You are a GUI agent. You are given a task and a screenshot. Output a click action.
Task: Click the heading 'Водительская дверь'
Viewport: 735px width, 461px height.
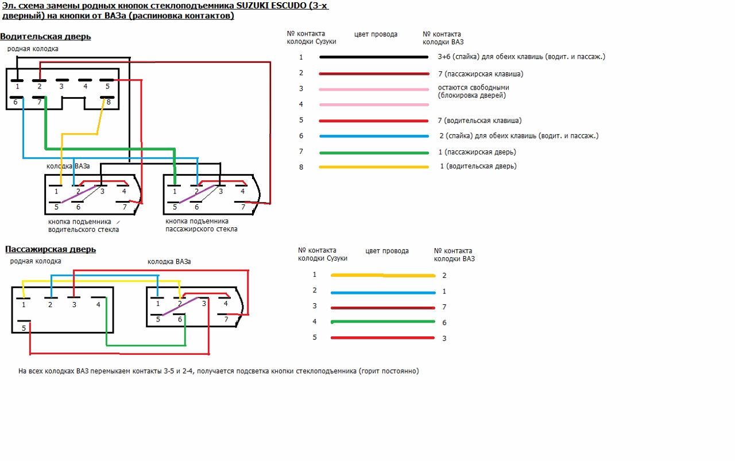pos(45,37)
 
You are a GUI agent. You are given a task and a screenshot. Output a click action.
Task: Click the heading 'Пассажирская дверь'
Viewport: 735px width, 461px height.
pos(51,249)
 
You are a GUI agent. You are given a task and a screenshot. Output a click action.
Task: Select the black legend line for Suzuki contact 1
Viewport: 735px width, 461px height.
pos(373,57)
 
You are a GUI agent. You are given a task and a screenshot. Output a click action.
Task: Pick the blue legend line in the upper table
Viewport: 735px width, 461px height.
pos(373,136)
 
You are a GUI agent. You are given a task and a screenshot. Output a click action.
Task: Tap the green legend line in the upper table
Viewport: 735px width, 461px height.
pos(373,153)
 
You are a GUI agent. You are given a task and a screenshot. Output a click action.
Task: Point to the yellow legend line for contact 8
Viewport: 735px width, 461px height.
pos(373,167)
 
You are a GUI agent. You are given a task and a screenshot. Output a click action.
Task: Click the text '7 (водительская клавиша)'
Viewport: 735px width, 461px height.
pos(479,121)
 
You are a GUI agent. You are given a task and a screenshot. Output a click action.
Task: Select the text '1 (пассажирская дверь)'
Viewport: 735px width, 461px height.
pos(477,152)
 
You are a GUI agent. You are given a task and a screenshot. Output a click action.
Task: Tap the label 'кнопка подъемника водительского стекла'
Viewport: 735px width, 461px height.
pos(84,226)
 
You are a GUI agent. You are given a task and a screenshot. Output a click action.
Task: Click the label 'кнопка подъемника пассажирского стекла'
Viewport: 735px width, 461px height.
pos(201,225)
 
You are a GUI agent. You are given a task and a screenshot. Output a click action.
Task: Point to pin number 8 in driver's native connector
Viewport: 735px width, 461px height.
pos(108,102)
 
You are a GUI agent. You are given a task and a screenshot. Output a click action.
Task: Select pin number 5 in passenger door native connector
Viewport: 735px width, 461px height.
pos(24,328)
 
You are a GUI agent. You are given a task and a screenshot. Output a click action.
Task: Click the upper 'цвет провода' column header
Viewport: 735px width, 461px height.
pos(376,34)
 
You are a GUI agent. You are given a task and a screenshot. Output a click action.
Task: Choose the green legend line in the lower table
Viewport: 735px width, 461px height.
pos(382,321)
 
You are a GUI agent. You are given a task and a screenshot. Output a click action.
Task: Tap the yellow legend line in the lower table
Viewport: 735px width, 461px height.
pos(382,275)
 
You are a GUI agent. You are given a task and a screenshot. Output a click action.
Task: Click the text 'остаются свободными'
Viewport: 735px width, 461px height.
pos(473,88)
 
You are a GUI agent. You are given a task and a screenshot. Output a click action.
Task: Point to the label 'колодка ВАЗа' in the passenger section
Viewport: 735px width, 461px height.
pos(169,262)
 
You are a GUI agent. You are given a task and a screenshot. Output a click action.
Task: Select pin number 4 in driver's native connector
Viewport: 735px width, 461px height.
pos(85,86)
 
